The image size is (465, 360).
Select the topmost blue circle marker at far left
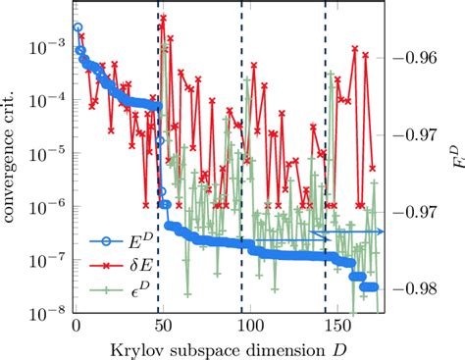tap(77, 28)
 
